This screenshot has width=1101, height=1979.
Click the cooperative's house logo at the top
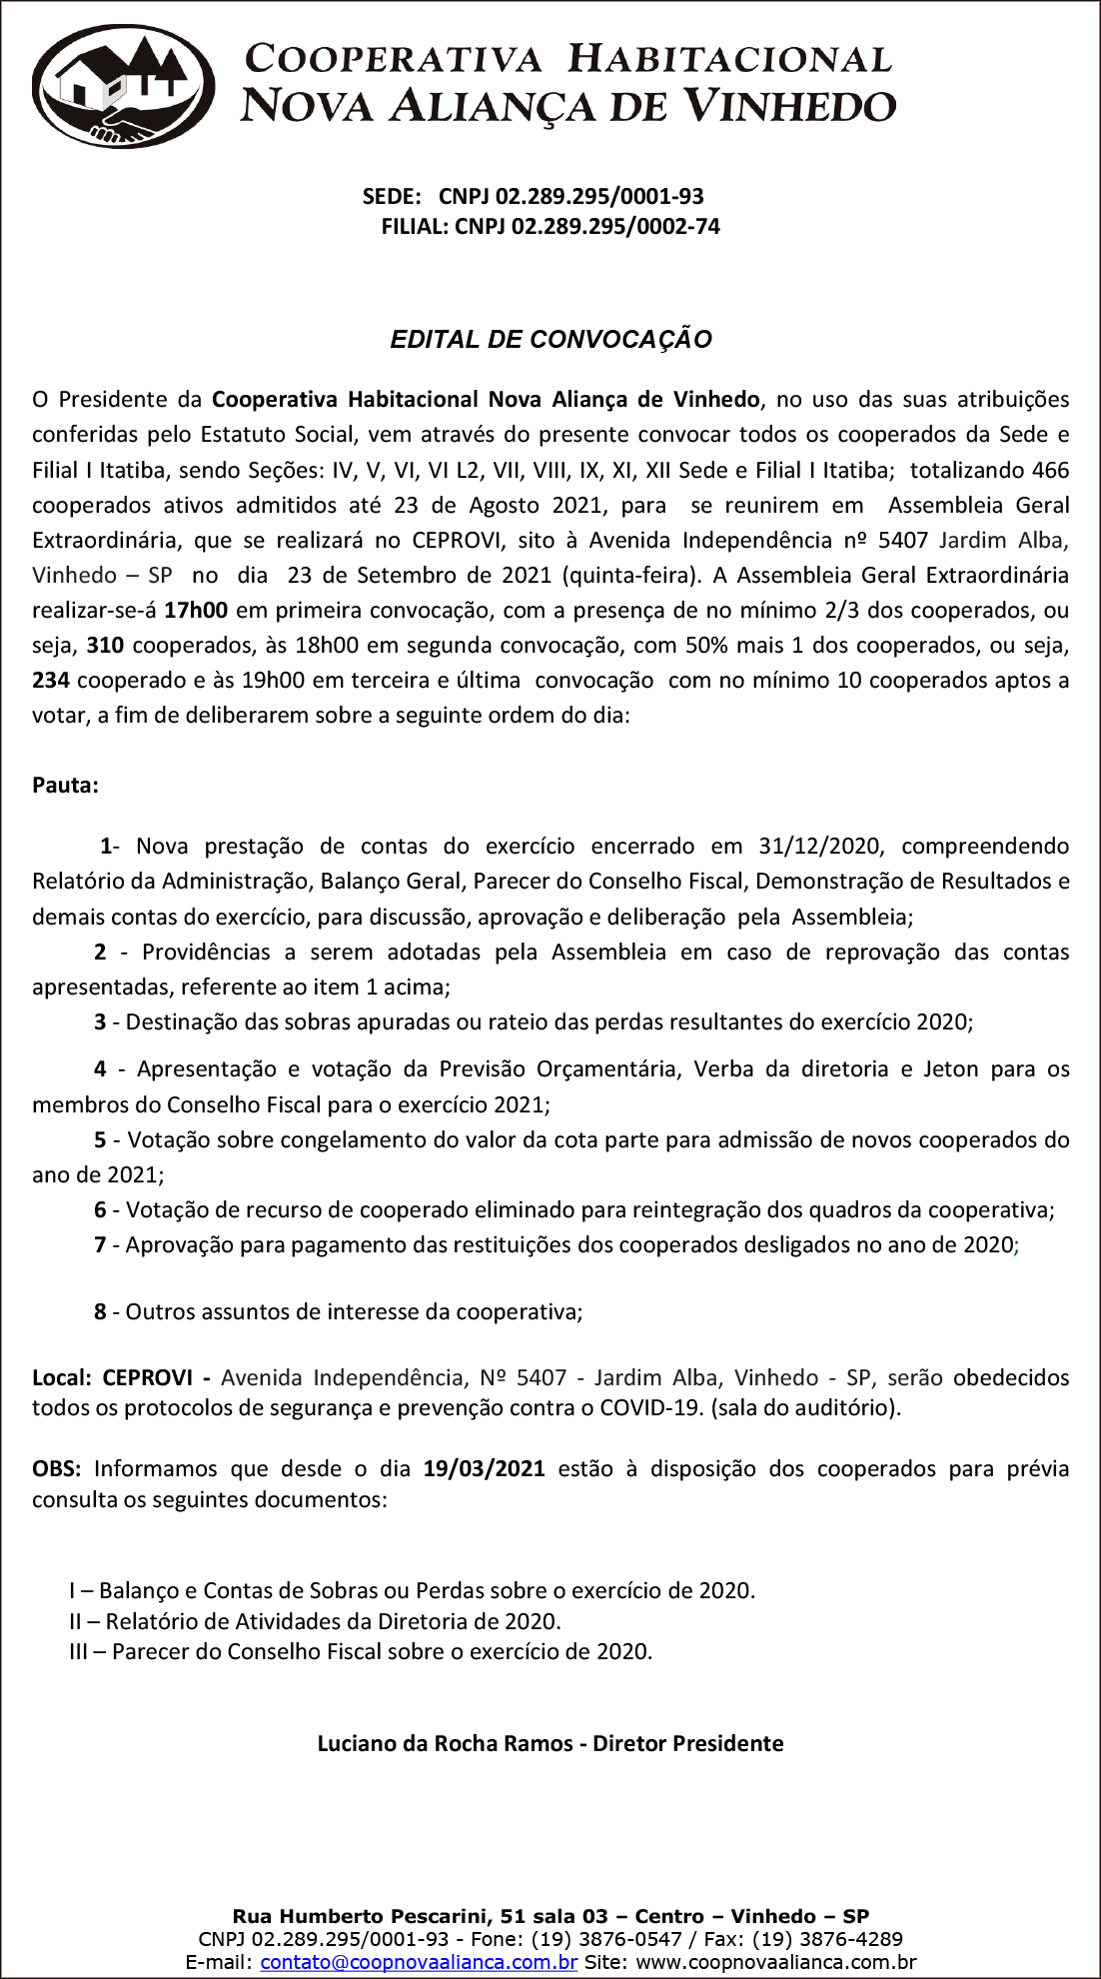pyautogui.click(x=124, y=88)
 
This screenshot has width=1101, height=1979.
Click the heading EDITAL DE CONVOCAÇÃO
pyautogui.click(x=550, y=340)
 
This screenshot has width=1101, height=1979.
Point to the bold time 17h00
pyautogui.click(x=196, y=611)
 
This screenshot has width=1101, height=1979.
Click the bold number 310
pyautogui.click(x=105, y=646)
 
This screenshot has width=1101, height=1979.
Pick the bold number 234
pyautogui.click(x=51, y=681)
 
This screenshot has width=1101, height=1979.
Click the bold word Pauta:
pyautogui.click(x=65, y=786)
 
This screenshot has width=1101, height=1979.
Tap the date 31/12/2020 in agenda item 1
pyautogui.click(x=820, y=847)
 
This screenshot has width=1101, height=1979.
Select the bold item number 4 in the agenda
pyautogui.click(x=100, y=1069)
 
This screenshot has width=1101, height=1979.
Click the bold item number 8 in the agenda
pyautogui.click(x=100, y=1312)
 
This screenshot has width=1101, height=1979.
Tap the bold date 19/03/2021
pyautogui.click(x=484, y=1469)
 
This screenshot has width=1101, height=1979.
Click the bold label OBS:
pyautogui.click(x=58, y=1469)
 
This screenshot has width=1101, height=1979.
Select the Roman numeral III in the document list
pyautogui.click(x=78, y=1652)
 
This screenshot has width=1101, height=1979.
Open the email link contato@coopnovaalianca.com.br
pyautogui.click(x=419, y=1962)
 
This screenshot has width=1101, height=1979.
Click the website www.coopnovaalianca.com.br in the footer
pyautogui.click(x=775, y=1962)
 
